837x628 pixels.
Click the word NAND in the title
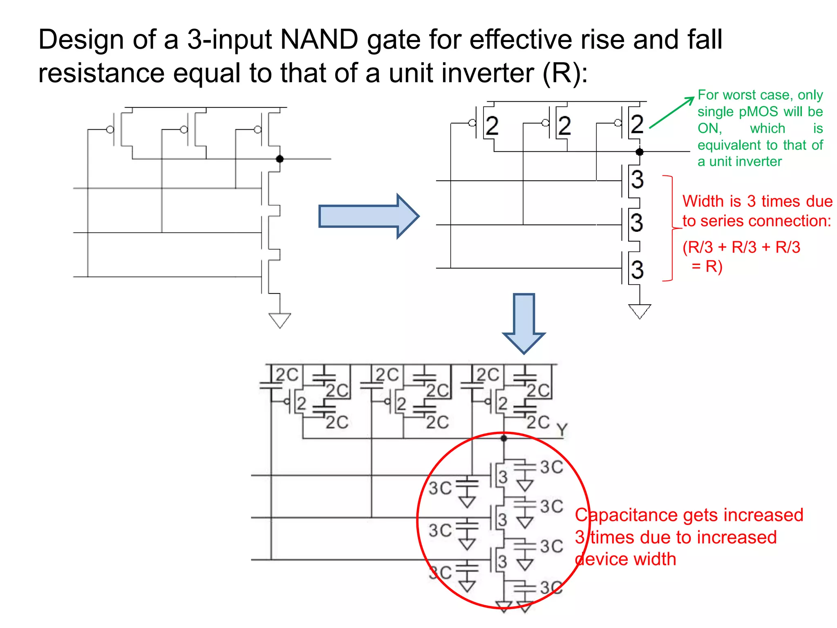coord(319,40)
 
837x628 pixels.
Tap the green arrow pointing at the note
coord(671,113)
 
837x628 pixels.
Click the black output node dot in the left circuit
coord(280,159)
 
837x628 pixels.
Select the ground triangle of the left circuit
coord(280,320)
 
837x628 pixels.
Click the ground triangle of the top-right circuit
coord(639,311)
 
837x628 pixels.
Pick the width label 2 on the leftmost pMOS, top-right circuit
coord(492,126)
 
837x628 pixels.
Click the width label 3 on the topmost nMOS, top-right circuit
coord(637,179)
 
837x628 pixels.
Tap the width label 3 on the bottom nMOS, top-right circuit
coord(637,270)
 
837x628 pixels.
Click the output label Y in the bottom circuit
coord(562,430)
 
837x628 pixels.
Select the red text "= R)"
coord(707,267)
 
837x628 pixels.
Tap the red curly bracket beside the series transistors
coord(672,228)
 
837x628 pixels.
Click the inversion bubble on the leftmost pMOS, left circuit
coord(110,130)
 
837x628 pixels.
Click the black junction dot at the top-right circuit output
coord(640,152)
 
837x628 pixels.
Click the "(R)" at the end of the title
coord(565,74)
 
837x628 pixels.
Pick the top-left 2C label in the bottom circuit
coord(286,375)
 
